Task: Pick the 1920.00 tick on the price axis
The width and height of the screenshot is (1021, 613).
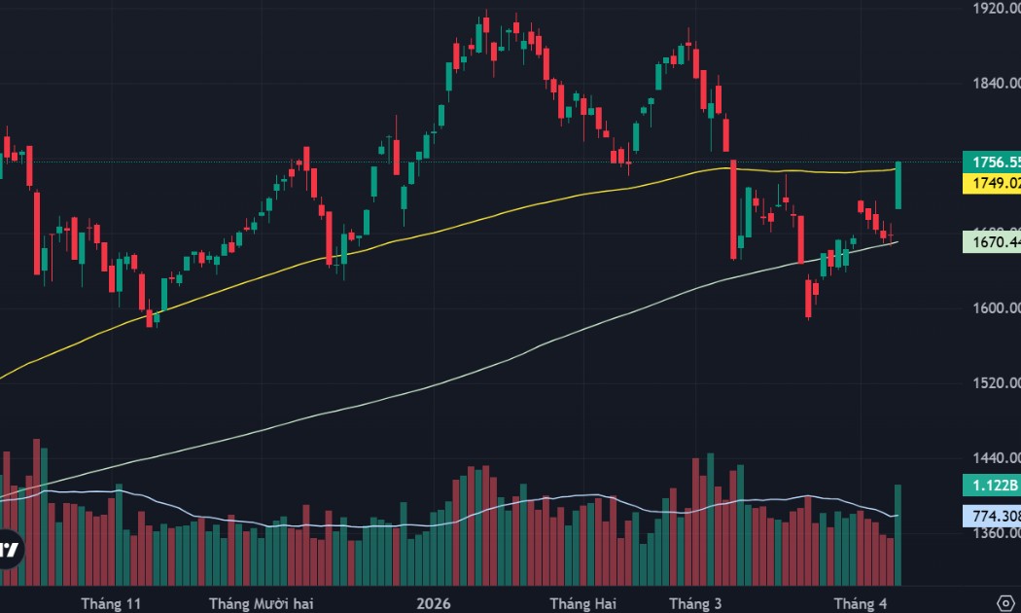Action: [994, 8]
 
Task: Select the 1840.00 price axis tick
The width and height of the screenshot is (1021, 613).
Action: [994, 84]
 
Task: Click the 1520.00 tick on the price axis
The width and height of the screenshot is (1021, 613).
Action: [994, 383]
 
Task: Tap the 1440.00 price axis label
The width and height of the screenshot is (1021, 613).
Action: [994, 458]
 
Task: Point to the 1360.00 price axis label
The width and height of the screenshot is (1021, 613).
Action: [994, 533]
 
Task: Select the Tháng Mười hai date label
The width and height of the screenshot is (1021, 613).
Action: [263, 604]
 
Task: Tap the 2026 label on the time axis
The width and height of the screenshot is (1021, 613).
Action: [433, 604]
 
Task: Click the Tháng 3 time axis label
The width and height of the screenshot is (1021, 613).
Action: [695, 604]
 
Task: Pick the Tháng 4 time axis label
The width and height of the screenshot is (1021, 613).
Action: [861, 604]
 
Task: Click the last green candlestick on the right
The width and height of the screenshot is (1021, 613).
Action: [898, 185]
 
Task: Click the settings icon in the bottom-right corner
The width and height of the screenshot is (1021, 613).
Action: [1006, 602]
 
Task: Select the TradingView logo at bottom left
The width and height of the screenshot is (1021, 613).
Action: [10, 550]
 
